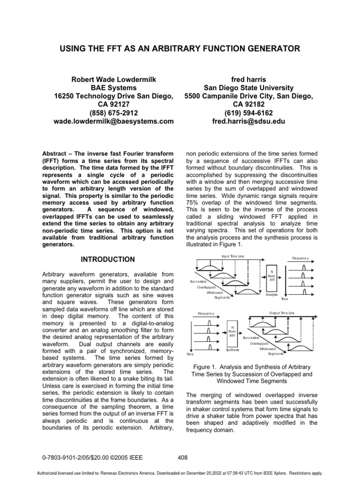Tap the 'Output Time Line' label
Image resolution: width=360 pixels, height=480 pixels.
[x=282, y=313]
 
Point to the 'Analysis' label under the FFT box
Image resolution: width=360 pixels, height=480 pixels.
[x=272, y=295]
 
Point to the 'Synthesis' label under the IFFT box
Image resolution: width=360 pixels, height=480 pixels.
[x=232, y=350]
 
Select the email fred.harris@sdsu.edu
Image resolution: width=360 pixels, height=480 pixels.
[x=248, y=121]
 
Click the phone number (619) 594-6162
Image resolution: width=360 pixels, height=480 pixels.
[x=248, y=113]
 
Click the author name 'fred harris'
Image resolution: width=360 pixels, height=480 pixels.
[x=248, y=79]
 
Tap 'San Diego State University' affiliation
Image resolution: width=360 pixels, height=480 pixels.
[x=248, y=88]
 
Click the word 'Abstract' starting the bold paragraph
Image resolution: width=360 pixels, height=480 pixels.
[x=55, y=153]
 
